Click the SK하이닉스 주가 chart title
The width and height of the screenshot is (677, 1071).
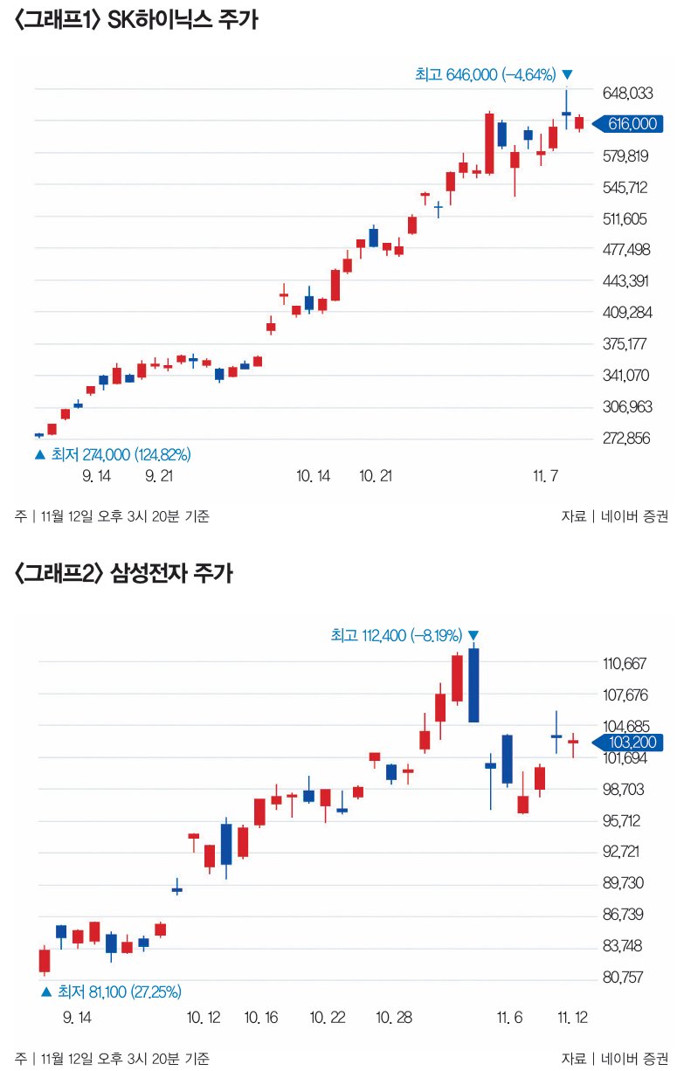[135, 21]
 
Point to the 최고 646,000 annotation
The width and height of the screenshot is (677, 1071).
[486, 75]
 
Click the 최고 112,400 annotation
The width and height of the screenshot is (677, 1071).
[397, 636]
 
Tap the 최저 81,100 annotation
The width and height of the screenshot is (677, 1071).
[119, 992]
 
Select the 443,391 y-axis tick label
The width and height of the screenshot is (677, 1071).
[627, 280]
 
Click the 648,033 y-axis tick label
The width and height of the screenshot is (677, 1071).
[627, 92]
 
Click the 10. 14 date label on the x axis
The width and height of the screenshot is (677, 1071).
[313, 476]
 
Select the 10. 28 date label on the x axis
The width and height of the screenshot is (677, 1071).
[393, 1018]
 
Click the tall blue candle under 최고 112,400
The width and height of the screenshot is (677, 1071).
[473, 686]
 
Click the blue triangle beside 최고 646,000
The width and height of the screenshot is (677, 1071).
[568, 75]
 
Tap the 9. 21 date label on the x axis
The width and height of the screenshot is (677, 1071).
[160, 476]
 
